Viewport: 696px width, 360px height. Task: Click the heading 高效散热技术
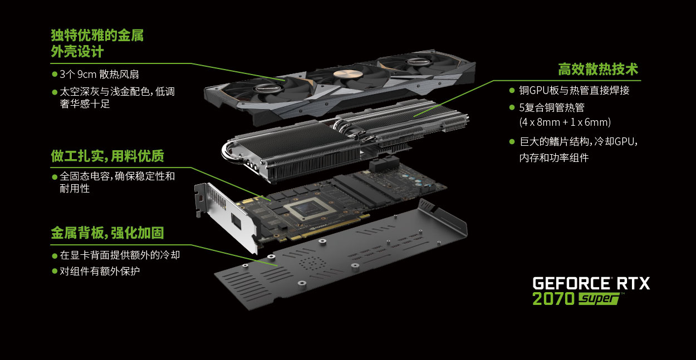(x=598, y=69)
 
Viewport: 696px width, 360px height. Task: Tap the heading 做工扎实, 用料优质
(x=107, y=156)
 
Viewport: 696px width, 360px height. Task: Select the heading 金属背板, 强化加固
(x=107, y=233)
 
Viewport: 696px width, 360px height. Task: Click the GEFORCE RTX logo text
(x=591, y=283)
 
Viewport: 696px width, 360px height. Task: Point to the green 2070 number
(x=553, y=298)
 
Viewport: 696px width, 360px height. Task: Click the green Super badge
(x=599, y=299)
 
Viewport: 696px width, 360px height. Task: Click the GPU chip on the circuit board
(x=310, y=209)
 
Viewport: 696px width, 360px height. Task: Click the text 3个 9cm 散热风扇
(x=99, y=75)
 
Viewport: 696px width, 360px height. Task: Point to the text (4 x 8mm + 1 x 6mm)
(x=565, y=122)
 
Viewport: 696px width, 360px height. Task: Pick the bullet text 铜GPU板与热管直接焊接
(x=574, y=90)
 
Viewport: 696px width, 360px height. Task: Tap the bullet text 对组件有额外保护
(x=100, y=271)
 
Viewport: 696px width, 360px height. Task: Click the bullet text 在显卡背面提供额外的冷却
(x=120, y=255)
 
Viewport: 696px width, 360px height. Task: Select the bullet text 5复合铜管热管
(x=552, y=108)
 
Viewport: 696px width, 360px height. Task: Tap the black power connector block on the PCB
(x=384, y=164)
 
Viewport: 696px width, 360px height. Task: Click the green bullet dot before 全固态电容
(x=55, y=177)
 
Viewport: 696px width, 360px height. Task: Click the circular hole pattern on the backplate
(x=312, y=263)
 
